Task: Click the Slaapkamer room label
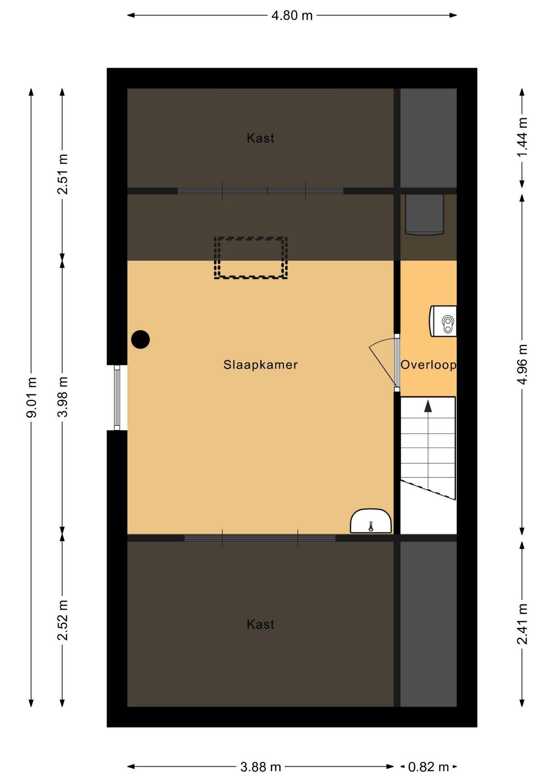coord(260,365)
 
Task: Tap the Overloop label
coord(428,365)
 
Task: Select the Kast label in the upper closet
coord(261,138)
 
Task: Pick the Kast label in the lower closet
coord(261,624)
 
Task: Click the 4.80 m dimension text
coord(292,15)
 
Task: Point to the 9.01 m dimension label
coord(31,398)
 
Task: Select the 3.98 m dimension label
coord(62,398)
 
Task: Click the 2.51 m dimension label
coord(62,174)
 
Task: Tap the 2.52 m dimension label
coord(62,620)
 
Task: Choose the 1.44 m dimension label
coord(522,137)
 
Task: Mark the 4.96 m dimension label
coord(522,365)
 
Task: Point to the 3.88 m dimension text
coord(261,767)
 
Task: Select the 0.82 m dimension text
coord(428,767)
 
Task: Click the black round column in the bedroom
coord(140,339)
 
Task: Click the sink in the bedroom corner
coord(371,521)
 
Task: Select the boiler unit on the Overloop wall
coord(443,321)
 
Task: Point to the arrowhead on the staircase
coord(428,406)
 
